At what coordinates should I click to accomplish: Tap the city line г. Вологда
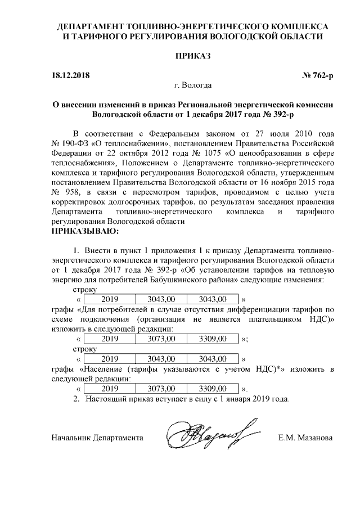193,85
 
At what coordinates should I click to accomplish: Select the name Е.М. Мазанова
306,438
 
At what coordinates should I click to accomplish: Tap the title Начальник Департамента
97,438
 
